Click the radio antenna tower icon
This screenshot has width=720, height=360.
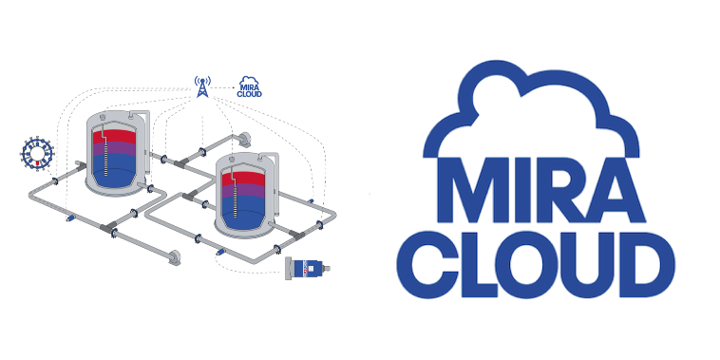[x=202, y=86]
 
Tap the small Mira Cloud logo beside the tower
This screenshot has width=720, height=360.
[x=249, y=86]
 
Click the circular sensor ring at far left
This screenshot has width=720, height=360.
[x=38, y=153]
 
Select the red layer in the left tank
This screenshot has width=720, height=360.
[x=114, y=137]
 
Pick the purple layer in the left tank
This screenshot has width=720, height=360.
[x=114, y=149]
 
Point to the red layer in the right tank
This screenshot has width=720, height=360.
[x=243, y=180]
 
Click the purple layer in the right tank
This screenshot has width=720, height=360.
[x=243, y=191]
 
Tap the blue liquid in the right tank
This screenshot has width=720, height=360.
[x=243, y=212]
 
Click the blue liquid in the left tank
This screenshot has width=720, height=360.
[x=114, y=170]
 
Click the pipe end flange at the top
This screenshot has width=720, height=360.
[x=245, y=139]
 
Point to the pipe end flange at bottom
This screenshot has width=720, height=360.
[x=175, y=257]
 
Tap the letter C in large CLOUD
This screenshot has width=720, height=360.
[x=426, y=264]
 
